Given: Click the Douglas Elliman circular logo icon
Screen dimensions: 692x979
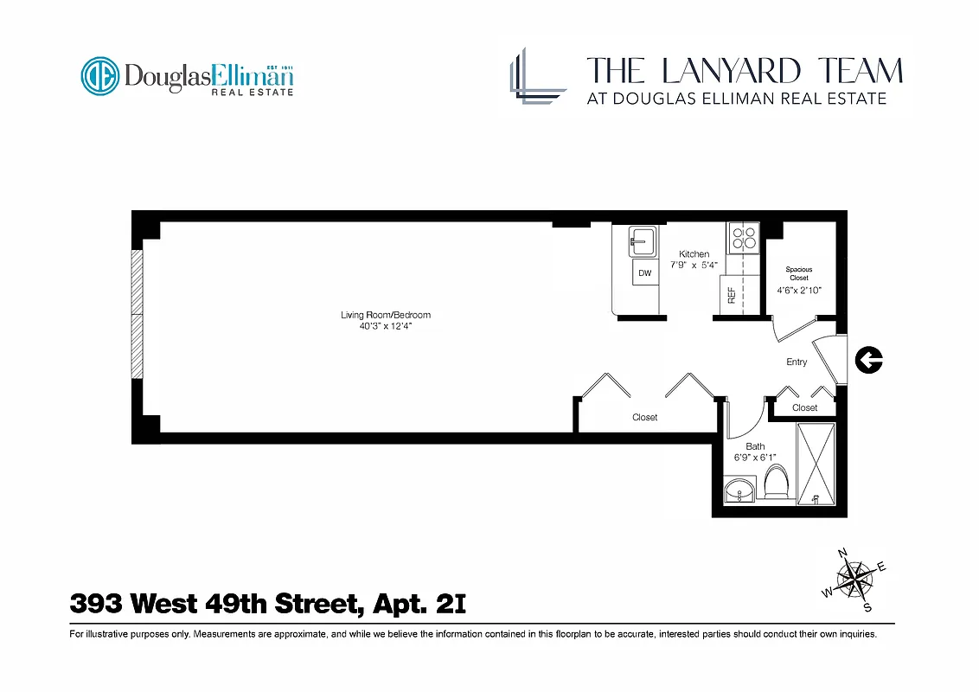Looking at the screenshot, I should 100,76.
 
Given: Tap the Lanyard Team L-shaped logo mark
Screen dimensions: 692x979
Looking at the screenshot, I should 537,76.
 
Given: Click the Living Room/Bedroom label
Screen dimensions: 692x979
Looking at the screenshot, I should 385,315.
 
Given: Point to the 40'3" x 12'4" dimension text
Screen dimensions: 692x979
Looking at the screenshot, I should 385,327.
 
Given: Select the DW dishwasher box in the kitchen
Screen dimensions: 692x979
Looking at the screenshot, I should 644,273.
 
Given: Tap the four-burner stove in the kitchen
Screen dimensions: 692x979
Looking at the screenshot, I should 743,237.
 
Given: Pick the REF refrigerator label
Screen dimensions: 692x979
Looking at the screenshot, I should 732,295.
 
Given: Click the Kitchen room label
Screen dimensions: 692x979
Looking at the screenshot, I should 694,254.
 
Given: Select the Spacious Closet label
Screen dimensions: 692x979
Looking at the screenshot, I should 799,273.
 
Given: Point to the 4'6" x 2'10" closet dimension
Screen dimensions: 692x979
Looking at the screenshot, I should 799,292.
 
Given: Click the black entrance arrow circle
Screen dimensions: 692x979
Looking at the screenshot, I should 868,360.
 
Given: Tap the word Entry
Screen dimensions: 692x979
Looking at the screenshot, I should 797,362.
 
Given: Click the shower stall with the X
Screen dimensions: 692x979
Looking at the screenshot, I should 816,465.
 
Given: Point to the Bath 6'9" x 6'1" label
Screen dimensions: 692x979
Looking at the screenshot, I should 754,452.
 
